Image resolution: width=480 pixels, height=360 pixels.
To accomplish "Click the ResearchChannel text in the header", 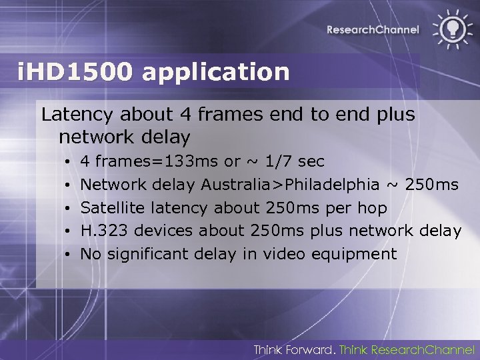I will point(373,29).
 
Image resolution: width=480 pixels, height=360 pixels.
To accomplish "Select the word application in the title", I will point(217,72).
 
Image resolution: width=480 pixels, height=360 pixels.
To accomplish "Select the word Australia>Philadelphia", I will point(290,184).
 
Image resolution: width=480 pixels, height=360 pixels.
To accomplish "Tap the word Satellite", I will point(113,207).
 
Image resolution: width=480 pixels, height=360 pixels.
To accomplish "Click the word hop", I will point(372,207).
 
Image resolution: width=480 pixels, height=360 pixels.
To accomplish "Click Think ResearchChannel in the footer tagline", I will point(407,349).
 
